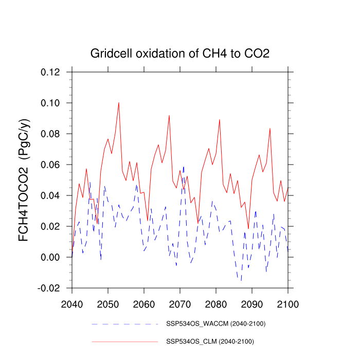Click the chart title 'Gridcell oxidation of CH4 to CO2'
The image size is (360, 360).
180,53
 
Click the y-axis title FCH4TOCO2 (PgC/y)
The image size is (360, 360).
24,179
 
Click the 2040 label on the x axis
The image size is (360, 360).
72,299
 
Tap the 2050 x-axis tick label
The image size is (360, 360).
108,299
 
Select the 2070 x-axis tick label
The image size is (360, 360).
180,299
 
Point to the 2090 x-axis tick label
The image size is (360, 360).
251,299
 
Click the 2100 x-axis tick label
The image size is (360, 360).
287,299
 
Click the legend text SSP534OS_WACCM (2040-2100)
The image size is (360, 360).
216,324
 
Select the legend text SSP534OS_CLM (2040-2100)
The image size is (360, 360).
211,341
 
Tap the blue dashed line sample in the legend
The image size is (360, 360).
125,324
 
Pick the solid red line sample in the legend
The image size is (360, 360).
125,341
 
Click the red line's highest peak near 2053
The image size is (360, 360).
119,102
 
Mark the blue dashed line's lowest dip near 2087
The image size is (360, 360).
241,280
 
